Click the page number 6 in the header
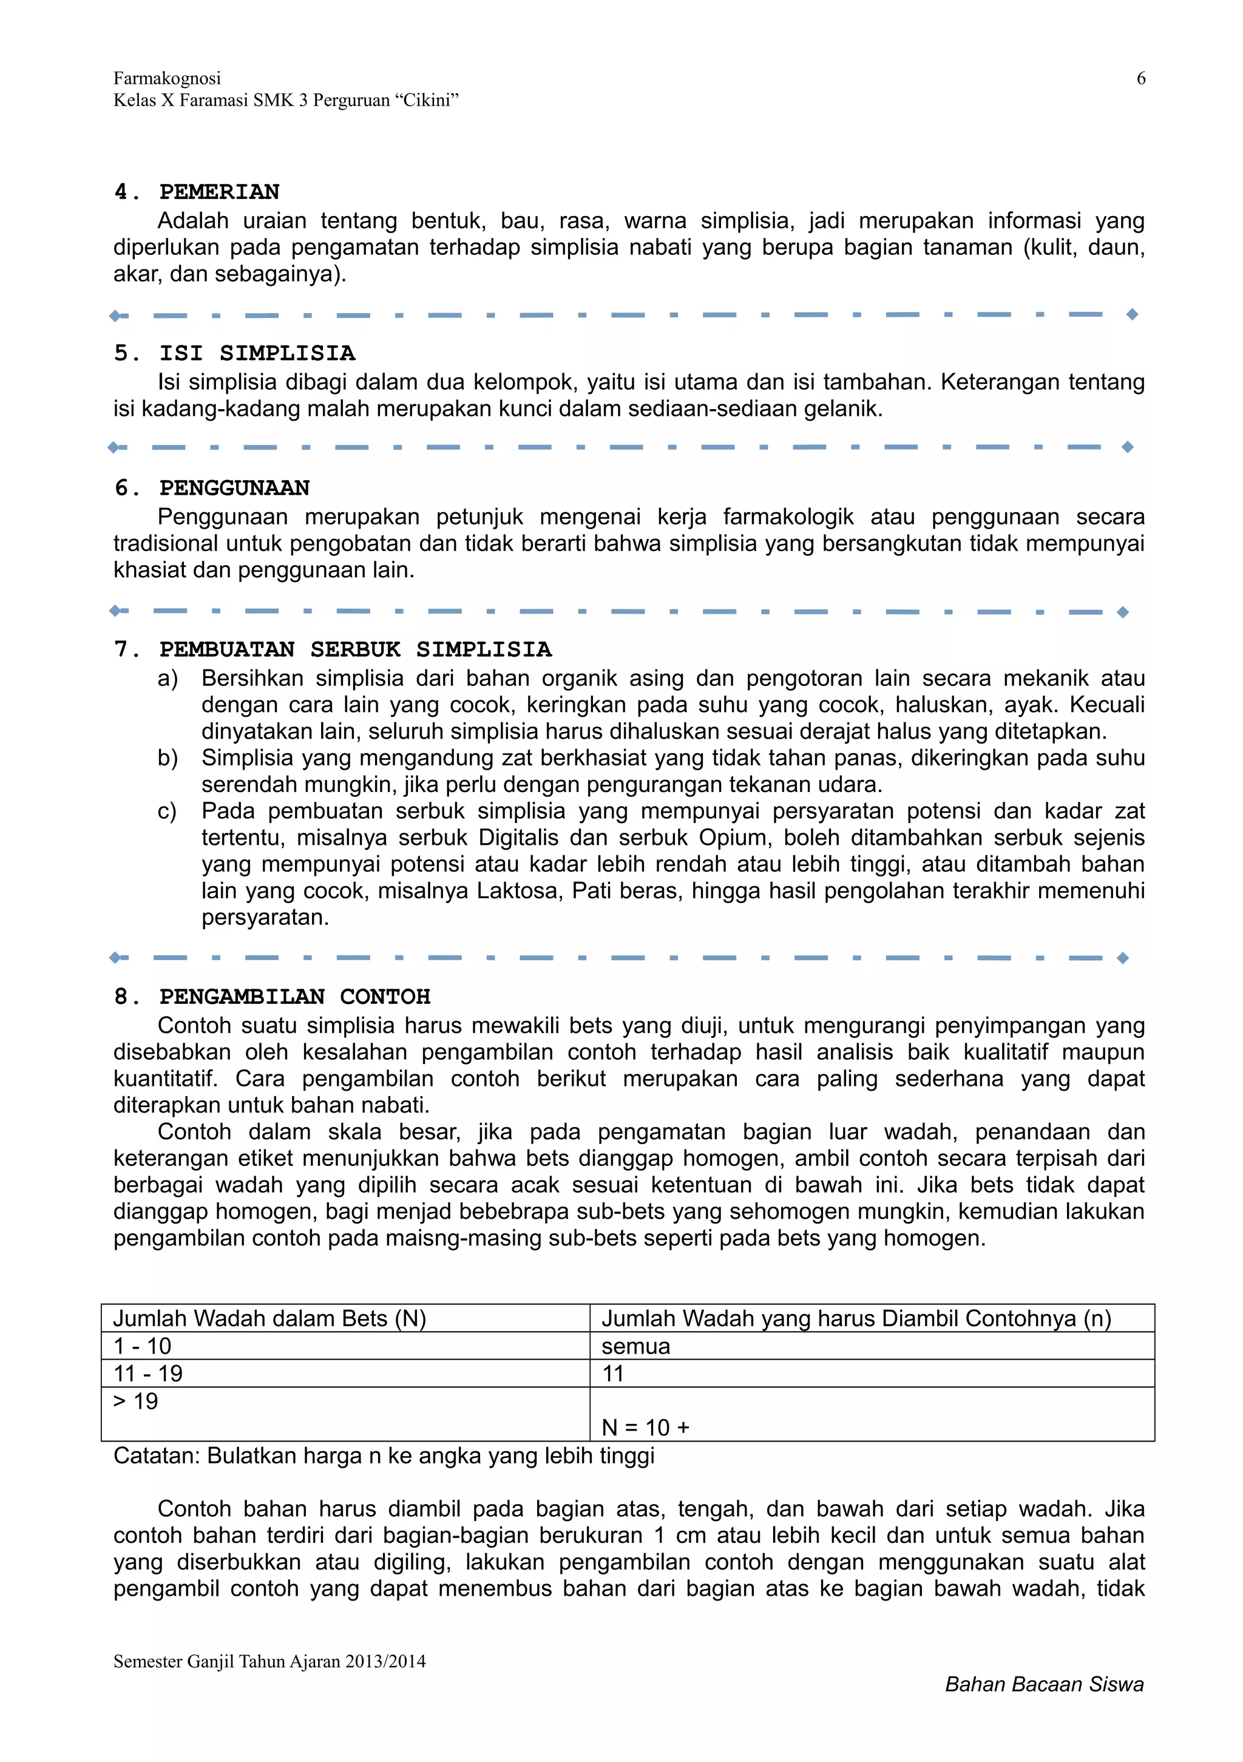point(1140,78)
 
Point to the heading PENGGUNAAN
point(234,488)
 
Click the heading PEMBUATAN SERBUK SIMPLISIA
point(354,649)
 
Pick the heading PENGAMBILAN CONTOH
point(294,996)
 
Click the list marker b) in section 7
point(168,758)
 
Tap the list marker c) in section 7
point(166,811)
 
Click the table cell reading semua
point(635,1346)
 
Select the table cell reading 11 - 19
point(148,1374)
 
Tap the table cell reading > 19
point(136,1401)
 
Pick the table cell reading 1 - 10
point(143,1346)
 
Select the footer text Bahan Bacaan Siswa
point(1043,1684)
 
